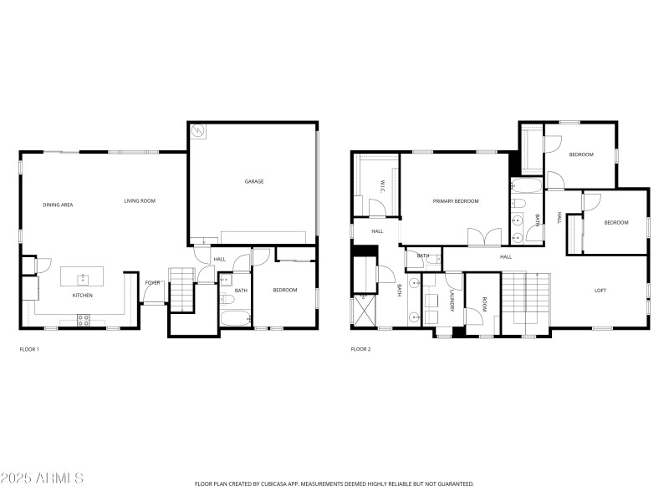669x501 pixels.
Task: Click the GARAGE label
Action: click(x=254, y=181)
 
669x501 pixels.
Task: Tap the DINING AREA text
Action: click(x=58, y=205)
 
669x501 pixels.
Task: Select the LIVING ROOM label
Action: click(x=140, y=200)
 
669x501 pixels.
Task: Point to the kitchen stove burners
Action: click(x=84, y=317)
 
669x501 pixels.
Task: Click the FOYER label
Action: click(x=152, y=282)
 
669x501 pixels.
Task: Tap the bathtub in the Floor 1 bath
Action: click(x=233, y=318)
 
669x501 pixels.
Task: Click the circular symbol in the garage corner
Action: click(x=199, y=131)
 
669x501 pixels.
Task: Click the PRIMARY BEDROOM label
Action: click(x=456, y=201)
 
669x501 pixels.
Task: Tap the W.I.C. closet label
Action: click(x=381, y=187)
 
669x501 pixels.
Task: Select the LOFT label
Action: click(x=600, y=291)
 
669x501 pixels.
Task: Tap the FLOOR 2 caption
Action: click(x=360, y=349)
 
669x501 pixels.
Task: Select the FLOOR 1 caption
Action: click(x=29, y=349)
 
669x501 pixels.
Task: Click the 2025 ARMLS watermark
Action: click(x=42, y=478)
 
